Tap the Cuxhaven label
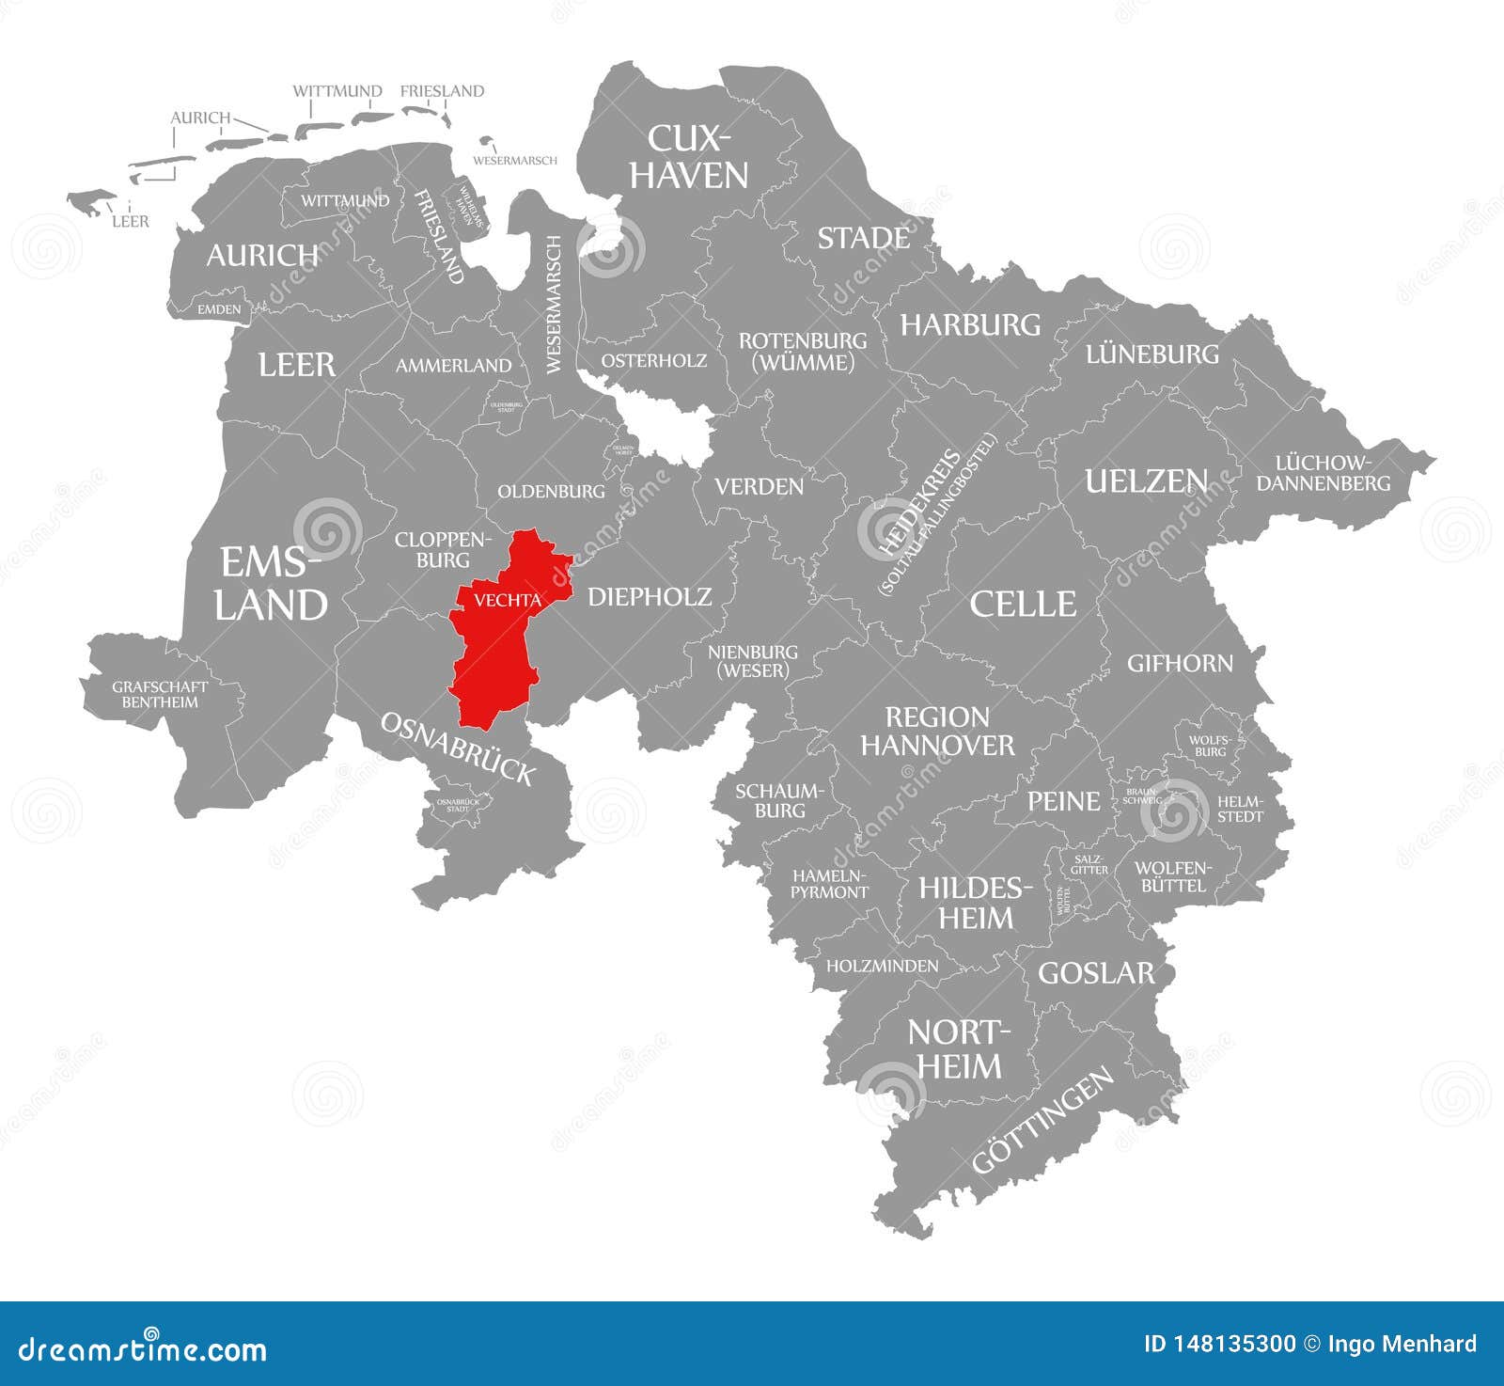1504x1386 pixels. (689, 156)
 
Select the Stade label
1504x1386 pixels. (863, 239)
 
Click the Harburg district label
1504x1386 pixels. (970, 325)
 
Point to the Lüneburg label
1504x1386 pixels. (1151, 354)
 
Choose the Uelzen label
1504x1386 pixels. (1146, 481)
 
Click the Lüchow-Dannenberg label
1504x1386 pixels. (1324, 473)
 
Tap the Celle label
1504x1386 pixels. (1023, 604)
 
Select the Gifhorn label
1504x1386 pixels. (1180, 663)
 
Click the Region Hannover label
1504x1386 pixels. (937, 732)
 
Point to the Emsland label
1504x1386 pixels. (271, 584)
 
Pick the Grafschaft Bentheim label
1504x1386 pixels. (160, 694)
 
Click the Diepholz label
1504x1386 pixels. (650, 596)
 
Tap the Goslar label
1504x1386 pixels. (1095, 972)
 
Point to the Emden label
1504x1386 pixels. (219, 309)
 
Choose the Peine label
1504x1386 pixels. (1063, 801)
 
